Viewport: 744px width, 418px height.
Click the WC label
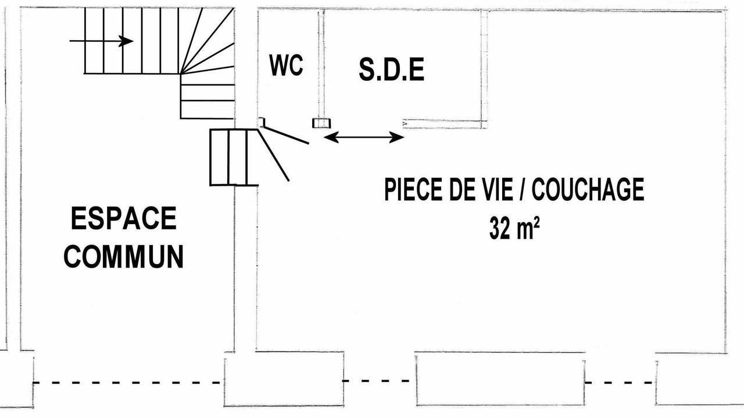(x=286, y=66)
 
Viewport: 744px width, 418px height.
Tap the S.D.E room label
(x=392, y=69)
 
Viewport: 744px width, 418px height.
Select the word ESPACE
(x=124, y=218)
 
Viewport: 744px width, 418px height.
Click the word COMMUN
(x=124, y=257)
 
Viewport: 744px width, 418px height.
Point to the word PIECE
(x=413, y=189)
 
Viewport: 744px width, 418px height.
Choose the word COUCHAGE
(x=588, y=189)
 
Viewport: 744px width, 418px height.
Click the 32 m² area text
(x=514, y=228)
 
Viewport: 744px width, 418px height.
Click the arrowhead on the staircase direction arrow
(x=126, y=41)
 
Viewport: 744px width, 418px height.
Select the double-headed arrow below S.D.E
(x=364, y=137)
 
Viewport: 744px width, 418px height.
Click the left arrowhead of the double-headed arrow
(x=331, y=137)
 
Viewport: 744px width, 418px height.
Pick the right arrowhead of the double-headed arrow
(x=397, y=137)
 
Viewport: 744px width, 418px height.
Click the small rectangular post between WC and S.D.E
(x=321, y=123)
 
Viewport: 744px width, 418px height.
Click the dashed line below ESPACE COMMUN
(x=127, y=383)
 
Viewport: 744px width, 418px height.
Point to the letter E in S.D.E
(x=417, y=69)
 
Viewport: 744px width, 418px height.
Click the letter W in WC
(x=278, y=66)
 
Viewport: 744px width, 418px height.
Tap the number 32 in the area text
(x=499, y=228)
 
